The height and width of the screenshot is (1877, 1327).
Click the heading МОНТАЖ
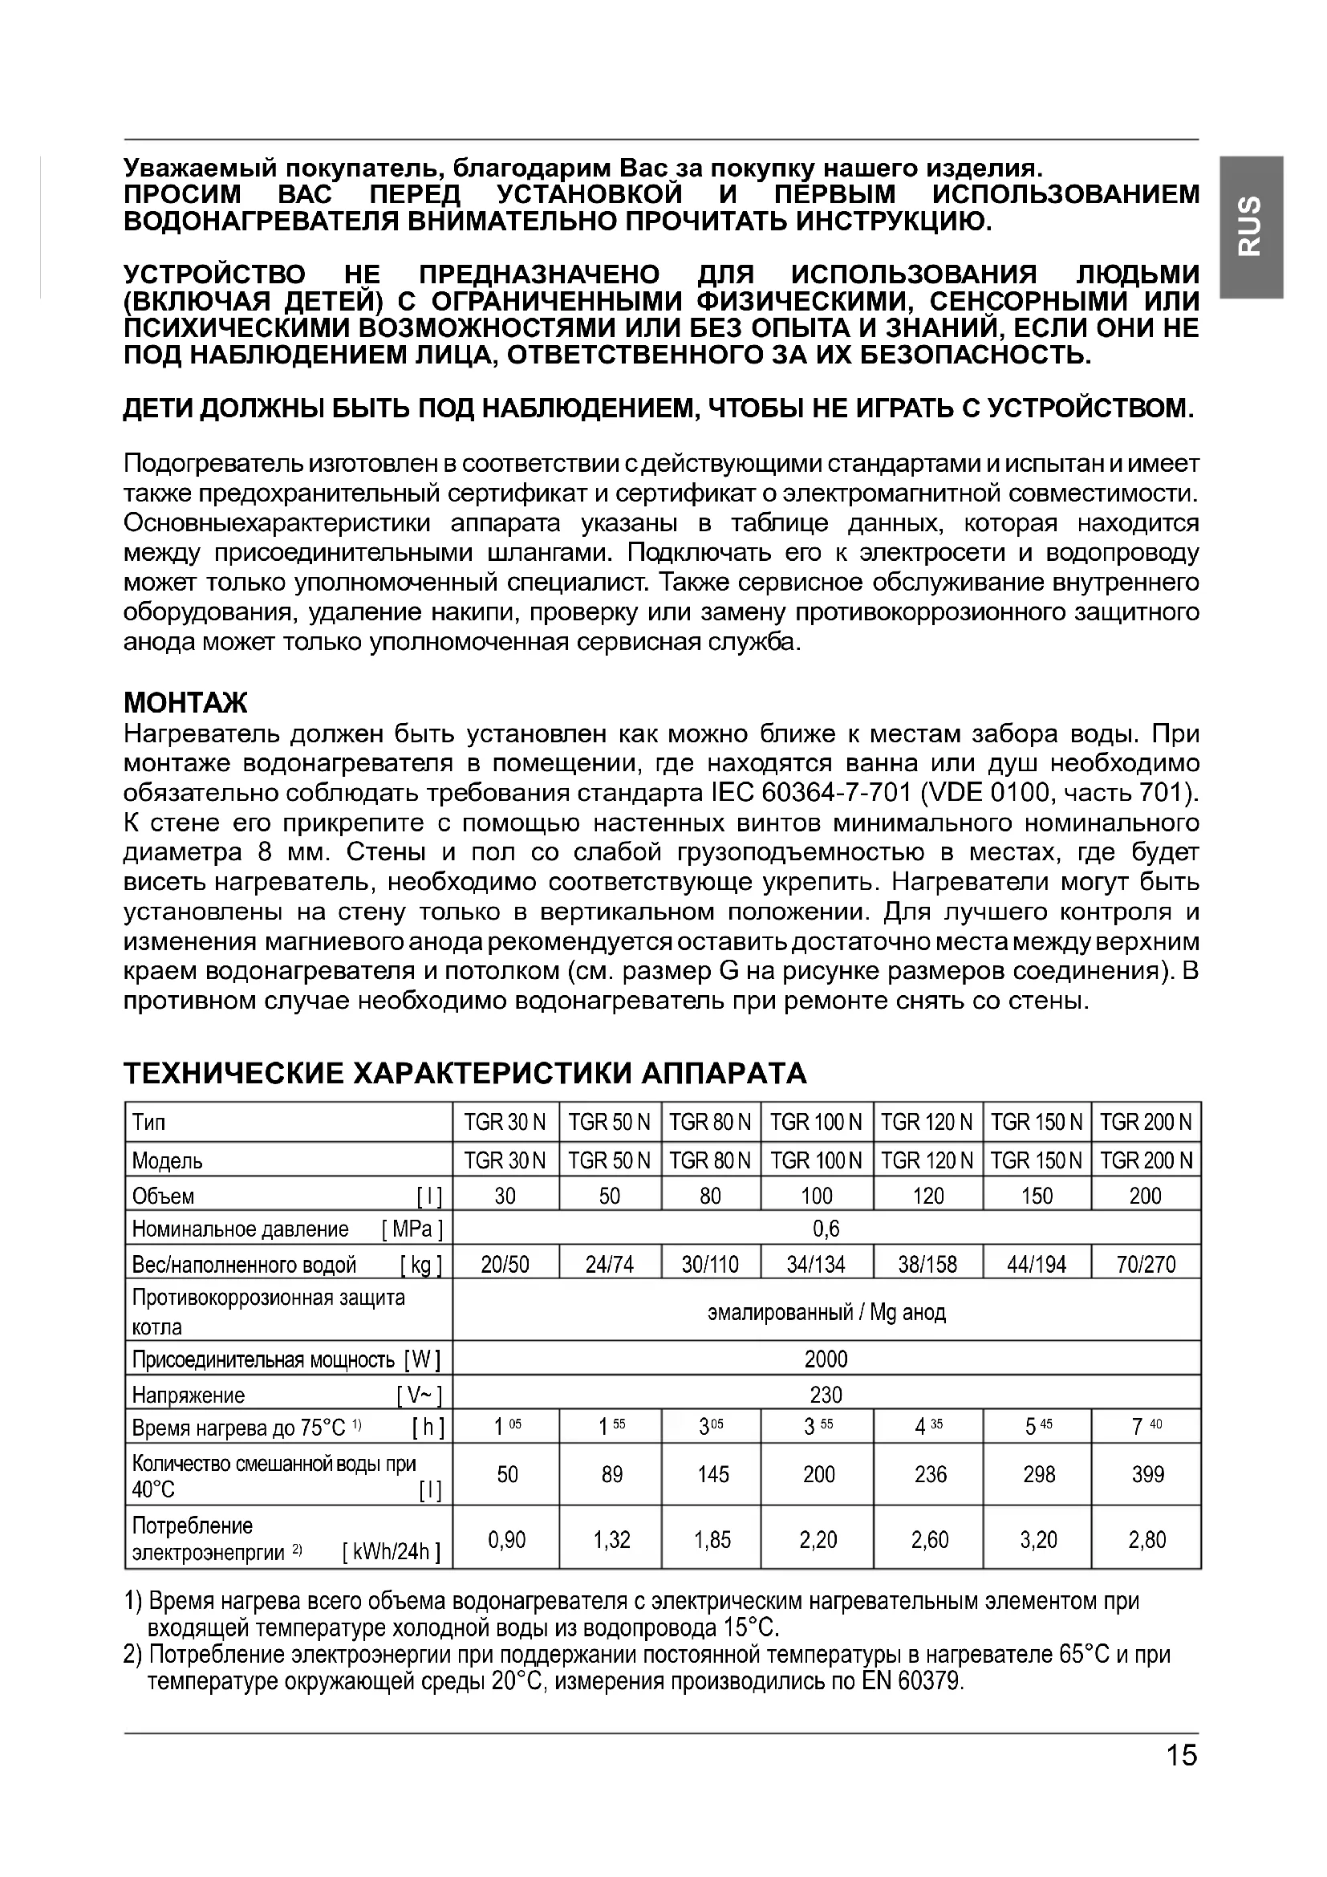coord(185,702)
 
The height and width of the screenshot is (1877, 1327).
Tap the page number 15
coord(1182,1754)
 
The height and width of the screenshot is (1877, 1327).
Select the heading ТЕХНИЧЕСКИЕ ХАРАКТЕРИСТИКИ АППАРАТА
coord(465,1073)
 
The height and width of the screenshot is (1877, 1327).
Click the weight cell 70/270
coord(1146,1265)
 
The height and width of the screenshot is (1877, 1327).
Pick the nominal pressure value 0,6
coord(826,1229)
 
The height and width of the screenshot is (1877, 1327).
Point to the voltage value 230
coord(826,1394)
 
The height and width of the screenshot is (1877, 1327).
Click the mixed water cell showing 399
coord(1147,1474)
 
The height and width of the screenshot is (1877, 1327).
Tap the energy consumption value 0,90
coord(506,1540)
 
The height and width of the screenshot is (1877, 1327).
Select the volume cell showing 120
coord(928,1196)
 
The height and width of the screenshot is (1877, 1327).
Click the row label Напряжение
coord(189,1395)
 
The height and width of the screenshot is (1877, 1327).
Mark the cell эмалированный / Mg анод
coord(826,1312)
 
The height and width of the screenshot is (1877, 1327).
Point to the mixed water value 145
coord(712,1474)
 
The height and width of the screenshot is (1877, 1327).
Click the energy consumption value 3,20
coord(1037,1540)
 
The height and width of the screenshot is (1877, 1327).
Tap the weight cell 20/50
coord(505,1265)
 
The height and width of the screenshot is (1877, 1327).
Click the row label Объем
coord(164,1196)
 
